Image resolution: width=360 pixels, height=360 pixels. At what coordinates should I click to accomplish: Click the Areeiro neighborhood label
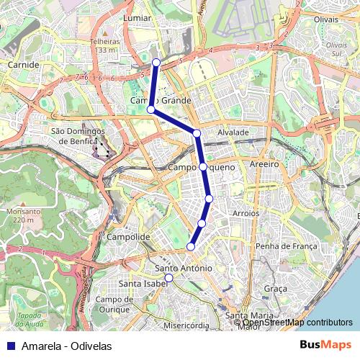pyautogui.click(x=264, y=165)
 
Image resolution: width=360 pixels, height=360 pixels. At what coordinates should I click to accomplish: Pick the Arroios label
pyautogui.click(x=246, y=214)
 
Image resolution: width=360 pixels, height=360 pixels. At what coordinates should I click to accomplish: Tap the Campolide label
pyautogui.click(x=127, y=236)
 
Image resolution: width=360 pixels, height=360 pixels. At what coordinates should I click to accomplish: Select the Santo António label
pyautogui.click(x=184, y=269)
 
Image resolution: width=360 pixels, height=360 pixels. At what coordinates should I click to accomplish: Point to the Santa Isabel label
pyautogui.click(x=140, y=283)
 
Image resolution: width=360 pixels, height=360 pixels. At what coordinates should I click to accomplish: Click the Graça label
pyautogui.click(x=275, y=288)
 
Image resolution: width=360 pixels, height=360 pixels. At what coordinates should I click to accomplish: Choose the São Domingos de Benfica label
pyautogui.click(x=78, y=136)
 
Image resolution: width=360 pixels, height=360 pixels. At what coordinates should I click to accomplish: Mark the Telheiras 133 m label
pyautogui.click(x=104, y=46)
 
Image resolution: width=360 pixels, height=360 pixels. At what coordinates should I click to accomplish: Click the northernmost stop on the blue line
pyautogui.click(x=156, y=63)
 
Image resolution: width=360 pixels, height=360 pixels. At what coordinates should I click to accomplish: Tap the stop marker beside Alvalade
pyautogui.click(x=196, y=133)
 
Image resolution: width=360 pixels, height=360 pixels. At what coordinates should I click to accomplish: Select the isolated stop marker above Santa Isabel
pyautogui.click(x=168, y=278)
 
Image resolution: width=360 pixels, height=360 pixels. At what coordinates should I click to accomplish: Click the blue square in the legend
pyautogui.click(x=10, y=346)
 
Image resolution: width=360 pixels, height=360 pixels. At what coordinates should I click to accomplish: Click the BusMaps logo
pyautogui.click(x=325, y=345)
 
